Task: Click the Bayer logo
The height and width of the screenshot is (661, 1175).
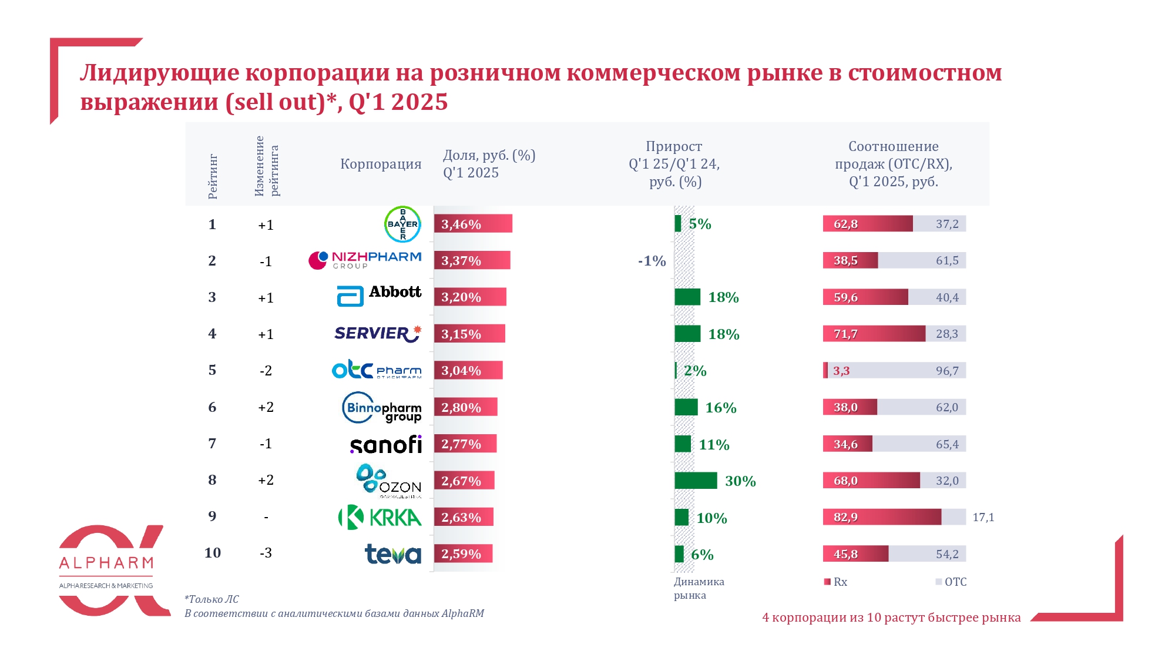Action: click(402, 224)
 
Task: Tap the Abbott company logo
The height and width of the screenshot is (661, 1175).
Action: click(379, 295)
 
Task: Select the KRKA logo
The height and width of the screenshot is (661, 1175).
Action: click(380, 517)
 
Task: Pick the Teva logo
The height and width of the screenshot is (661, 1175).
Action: click(393, 553)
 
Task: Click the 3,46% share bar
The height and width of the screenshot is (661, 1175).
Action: click(473, 224)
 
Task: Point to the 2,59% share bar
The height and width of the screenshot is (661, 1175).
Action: click(463, 553)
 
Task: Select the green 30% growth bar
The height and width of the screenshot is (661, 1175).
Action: click(696, 481)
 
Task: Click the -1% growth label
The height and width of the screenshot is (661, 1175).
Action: click(652, 261)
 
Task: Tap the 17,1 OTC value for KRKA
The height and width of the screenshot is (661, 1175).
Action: click(983, 517)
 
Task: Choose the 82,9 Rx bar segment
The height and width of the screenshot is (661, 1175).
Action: click(881, 517)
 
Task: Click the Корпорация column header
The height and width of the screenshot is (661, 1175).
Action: click(381, 164)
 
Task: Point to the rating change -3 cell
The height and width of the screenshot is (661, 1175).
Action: click(266, 553)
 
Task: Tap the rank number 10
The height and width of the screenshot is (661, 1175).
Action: click(213, 553)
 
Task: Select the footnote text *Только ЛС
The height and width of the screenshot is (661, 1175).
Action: click(211, 599)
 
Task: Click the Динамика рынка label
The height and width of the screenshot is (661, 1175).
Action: click(699, 588)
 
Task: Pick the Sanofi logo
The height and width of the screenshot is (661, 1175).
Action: click(386, 444)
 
